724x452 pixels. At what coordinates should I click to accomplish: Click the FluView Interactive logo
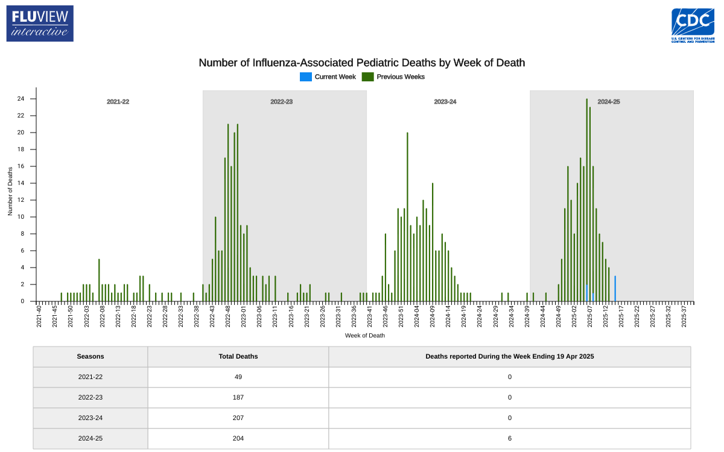point(40,24)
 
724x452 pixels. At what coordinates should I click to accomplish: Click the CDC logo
point(693,25)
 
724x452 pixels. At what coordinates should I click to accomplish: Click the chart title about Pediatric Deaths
point(362,63)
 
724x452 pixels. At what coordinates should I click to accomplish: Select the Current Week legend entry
point(328,77)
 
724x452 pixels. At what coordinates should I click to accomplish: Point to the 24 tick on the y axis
point(21,99)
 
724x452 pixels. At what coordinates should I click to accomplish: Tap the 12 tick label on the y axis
point(21,200)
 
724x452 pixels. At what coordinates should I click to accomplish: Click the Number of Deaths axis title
point(10,192)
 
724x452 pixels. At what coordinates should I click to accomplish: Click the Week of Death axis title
point(364,335)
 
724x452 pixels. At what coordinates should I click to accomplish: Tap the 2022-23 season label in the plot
point(281,102)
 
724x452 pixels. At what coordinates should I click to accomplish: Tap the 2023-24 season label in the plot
point(445,102)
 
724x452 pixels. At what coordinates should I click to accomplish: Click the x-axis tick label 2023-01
point(244,317)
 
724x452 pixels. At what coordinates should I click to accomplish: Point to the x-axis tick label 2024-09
point(433,317)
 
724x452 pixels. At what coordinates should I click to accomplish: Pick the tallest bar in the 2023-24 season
point(407,217)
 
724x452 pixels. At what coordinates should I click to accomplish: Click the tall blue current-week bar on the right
point(615,289)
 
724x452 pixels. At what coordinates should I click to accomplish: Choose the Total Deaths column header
point(238,356)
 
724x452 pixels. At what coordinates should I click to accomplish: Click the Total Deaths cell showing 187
point(238,397)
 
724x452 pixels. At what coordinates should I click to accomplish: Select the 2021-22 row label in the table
point(91,377)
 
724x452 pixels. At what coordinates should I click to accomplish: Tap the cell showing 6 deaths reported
point(509,438)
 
